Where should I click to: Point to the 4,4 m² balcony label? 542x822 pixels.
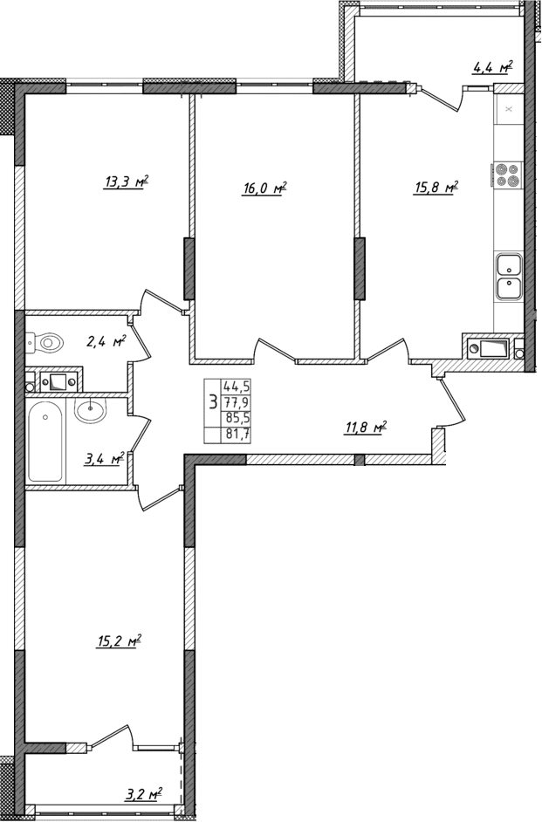pos(491,67)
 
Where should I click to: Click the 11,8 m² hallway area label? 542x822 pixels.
pos(366,428)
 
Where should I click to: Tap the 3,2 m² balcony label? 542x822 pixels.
pos(143,794)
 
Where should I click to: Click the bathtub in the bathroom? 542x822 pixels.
pos(45,441)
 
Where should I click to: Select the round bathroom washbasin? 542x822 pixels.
pos(90,410)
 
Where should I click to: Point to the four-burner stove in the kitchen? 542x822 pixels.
pos(507,175)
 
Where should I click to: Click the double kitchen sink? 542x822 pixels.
pos(507,275)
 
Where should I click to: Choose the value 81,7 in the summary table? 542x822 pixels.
pos(236,434)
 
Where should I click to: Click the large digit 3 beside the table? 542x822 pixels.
pos(212,402)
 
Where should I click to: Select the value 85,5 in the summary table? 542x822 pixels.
pos(236,418)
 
